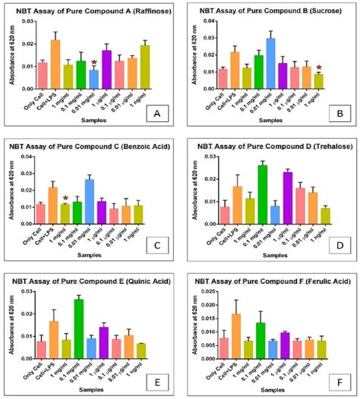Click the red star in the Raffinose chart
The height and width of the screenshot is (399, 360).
pyautogui.click(x=94, y=63)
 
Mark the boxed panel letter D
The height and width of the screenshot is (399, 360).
pyautogui.click(x=336, y=244)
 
